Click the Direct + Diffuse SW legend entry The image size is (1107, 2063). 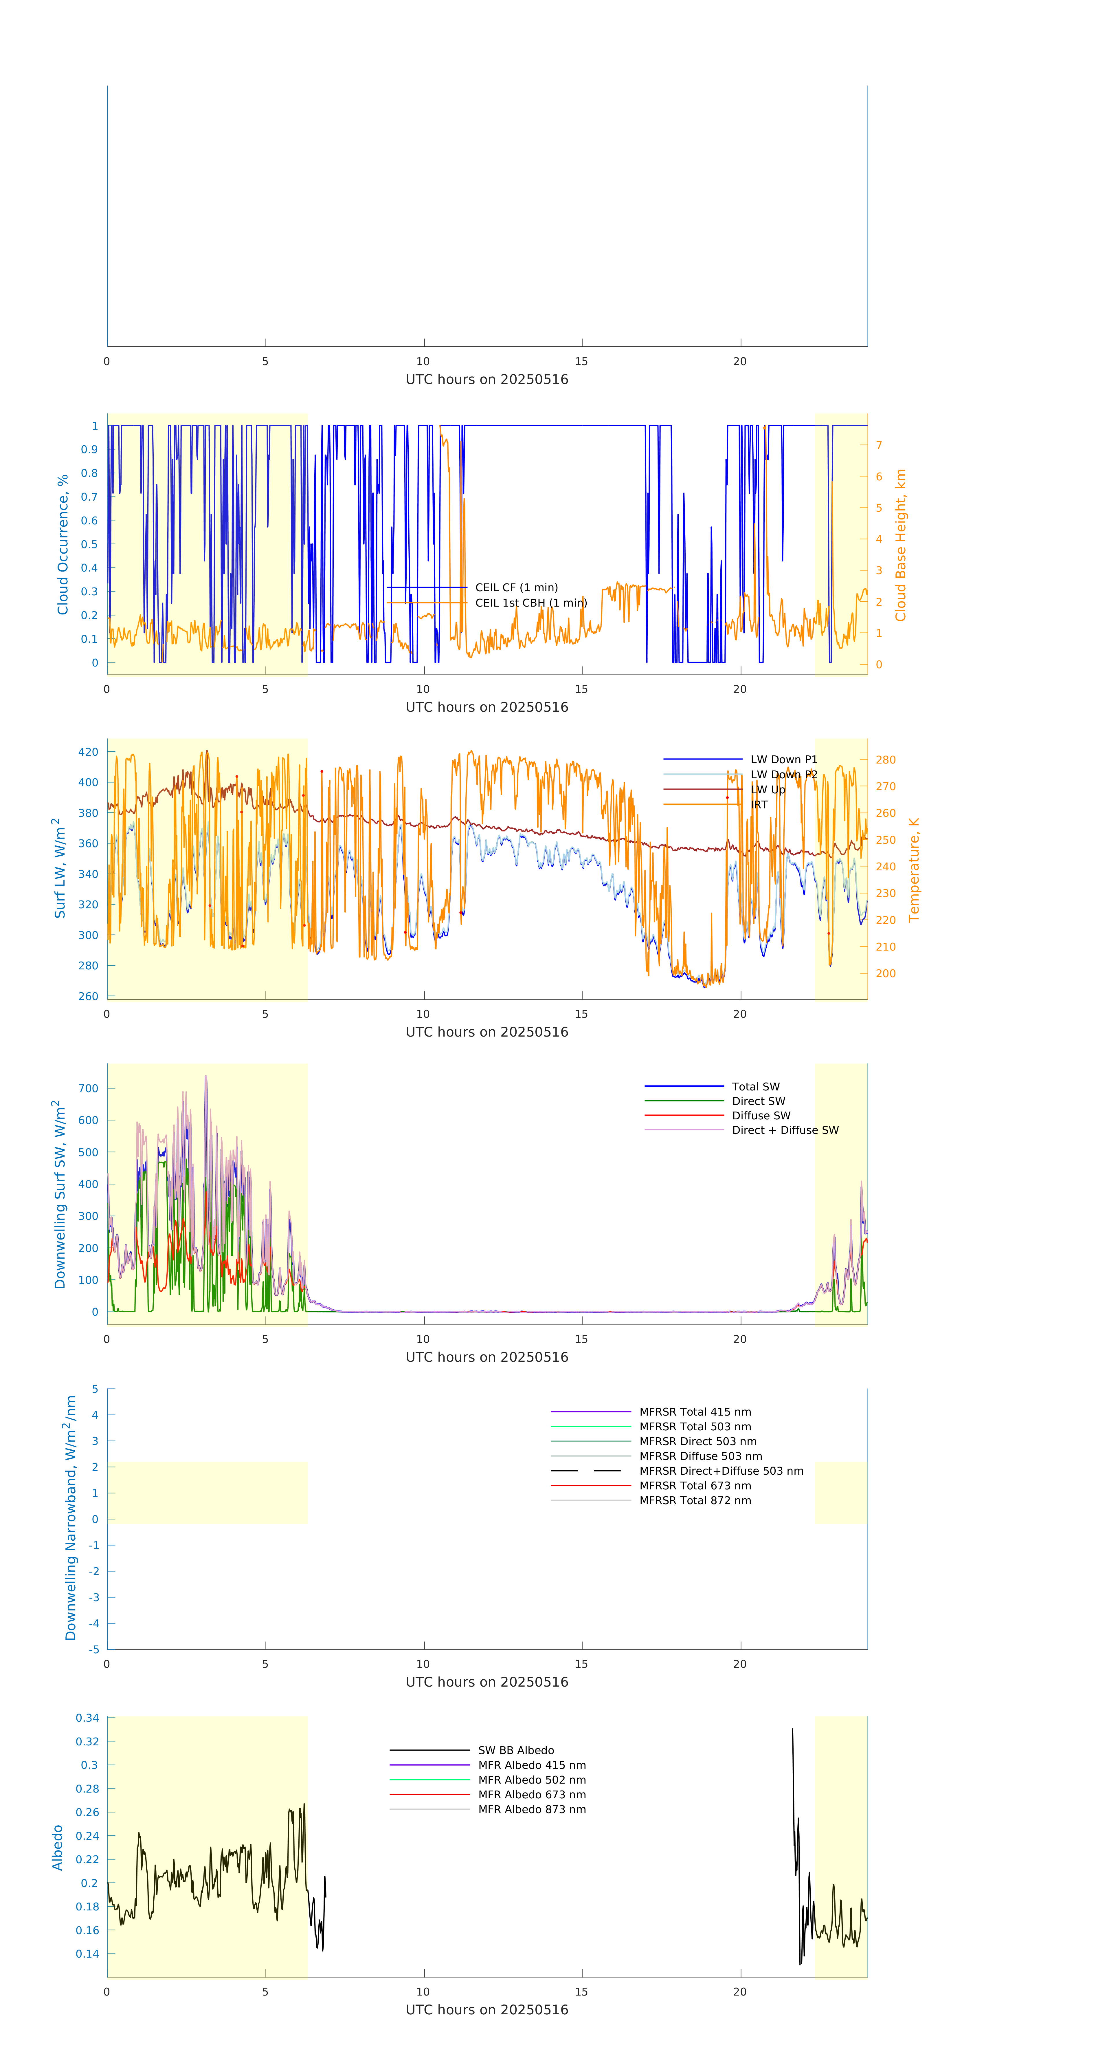[x=785, y=1130]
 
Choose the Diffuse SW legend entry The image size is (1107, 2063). [x=761, y=1116]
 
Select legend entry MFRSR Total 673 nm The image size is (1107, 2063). [x=695, y=1486]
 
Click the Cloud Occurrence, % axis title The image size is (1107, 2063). [x=63, y=545]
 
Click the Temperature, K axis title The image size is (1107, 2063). [x=914, y=870]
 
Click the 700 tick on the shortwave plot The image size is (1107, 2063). [x=89, y=1088]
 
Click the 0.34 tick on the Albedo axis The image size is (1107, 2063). [x=87, y=1718]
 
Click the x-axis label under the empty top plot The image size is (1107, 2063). [x=487, y=380]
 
